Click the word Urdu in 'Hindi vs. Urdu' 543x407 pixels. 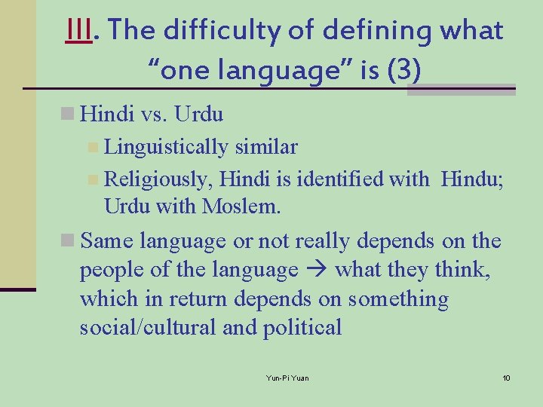coord(198,114)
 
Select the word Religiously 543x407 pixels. coord(156,179)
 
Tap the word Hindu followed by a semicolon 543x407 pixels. coord(471,179)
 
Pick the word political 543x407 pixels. coord(302,327)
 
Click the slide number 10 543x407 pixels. coord(506,377)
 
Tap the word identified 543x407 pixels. coord(340,179)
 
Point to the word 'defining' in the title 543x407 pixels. coord(373,31)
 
